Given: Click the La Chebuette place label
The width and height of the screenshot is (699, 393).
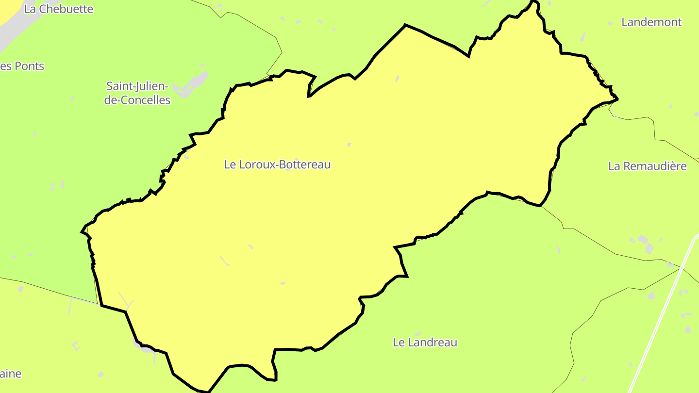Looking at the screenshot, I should coord(58,9).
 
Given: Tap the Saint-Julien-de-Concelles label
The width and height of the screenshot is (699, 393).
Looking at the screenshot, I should coord(137,93).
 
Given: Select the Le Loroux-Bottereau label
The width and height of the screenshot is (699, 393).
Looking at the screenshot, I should coord(277,164).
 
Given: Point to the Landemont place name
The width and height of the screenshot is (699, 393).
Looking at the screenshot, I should coord(651,22).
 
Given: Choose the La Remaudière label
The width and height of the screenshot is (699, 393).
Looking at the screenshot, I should coord(647,166).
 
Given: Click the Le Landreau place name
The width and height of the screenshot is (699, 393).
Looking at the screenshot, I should coord(425,342).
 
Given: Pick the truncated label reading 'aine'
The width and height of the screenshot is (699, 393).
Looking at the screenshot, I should coord(11,374).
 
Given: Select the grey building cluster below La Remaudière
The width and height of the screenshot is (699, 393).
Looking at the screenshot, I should coord(643,243).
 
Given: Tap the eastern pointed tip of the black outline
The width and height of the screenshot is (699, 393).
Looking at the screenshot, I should coord(617,99).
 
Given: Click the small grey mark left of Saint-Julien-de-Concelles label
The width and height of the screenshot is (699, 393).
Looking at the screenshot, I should coord(72,98).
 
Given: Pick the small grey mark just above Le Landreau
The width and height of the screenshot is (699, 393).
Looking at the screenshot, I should coord(416,334).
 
